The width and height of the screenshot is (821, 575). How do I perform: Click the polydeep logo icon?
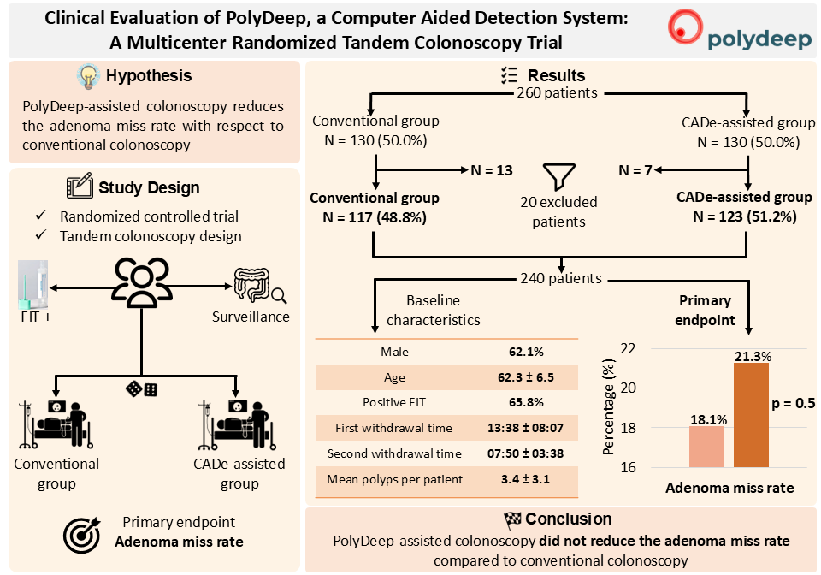[688, 27]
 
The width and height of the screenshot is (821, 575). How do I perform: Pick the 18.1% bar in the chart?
[707, 446]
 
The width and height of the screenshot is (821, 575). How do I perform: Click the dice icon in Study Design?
[142, 389]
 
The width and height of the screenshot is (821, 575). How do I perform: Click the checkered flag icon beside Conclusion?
[511, 519]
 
